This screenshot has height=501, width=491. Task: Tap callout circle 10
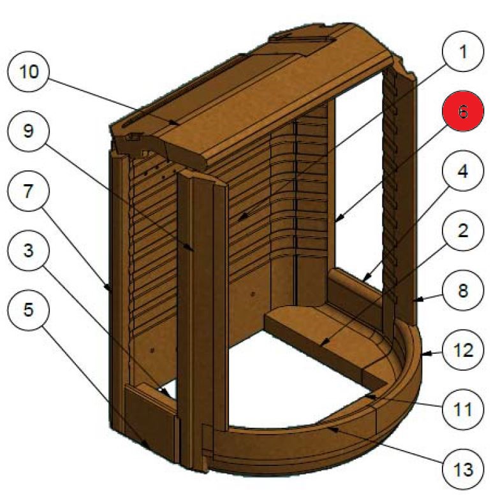tap(29, 71)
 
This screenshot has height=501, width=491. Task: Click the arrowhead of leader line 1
tap(239, 221)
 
